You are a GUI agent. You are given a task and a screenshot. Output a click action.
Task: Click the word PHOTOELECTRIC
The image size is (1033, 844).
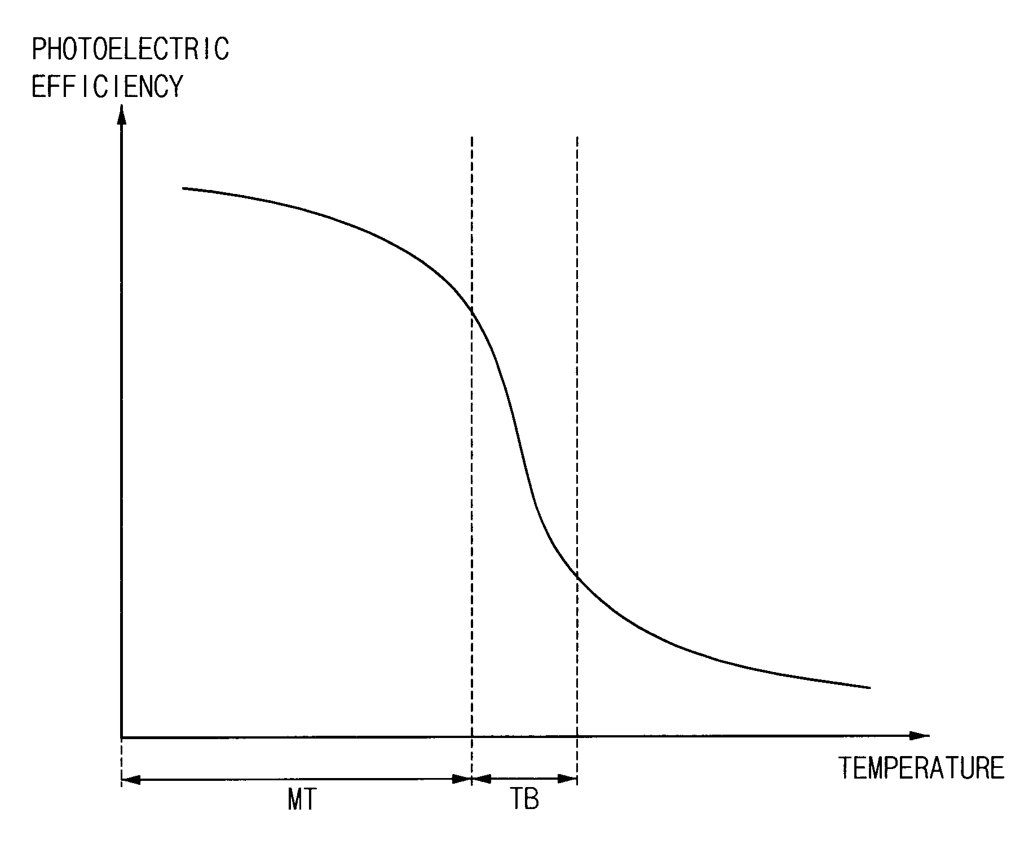tap(130, 49)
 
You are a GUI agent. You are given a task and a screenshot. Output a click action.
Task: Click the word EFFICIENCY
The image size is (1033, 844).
tap(108, 87)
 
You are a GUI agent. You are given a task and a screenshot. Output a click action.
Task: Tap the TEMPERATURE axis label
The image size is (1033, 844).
tap(921, 768)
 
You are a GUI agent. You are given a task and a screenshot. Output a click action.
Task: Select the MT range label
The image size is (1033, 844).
tap(302, 799)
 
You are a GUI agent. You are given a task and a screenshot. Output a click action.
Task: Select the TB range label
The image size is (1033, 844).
tap(524, 799)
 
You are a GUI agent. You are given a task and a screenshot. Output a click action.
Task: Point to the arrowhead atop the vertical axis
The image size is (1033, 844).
tap(121, 116)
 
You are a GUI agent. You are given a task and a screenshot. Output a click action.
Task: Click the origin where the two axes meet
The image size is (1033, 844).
tap(122, 736)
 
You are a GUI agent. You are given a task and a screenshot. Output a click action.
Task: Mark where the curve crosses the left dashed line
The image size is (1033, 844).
tap(471, 311)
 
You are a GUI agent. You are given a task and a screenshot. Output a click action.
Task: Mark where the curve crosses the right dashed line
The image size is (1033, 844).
tap(577, 575)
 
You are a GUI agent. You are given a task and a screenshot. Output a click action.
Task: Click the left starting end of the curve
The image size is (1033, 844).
tap(183, 188)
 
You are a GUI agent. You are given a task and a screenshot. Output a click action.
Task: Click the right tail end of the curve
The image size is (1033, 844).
tap(870, 688)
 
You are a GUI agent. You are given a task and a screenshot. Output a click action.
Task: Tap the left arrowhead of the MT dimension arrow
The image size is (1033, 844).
tap(130, 780)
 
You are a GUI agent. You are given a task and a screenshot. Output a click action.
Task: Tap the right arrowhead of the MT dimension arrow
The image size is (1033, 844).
tap(462, 780)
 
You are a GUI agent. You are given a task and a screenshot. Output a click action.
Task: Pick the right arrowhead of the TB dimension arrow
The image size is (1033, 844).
tap(568, 780)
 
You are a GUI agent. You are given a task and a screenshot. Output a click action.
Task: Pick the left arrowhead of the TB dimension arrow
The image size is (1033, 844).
tap(480, 780)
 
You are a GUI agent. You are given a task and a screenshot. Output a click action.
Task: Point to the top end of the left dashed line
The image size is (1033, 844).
tap(471, 137)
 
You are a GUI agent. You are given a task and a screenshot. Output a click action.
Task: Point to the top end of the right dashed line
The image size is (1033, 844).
tap(577, 137)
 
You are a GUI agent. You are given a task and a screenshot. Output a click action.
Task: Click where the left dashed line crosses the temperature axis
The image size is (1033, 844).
tap(471, 736)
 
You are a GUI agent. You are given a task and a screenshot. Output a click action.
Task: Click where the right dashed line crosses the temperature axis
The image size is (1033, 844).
tap(577, 736)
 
